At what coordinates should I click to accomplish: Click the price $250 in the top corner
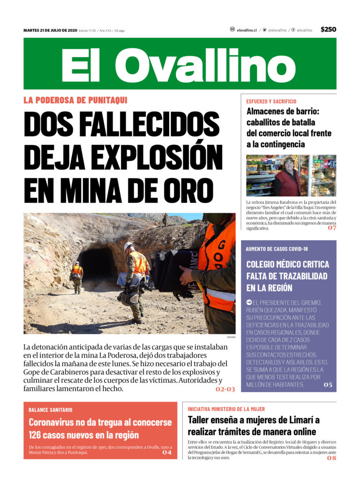point(328,30)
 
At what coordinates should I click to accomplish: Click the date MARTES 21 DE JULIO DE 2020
point(50,30)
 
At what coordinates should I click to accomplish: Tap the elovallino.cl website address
point(247,30)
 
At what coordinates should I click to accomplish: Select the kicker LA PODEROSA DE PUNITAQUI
point(75,100)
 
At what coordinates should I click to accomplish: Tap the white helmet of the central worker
point(128,245)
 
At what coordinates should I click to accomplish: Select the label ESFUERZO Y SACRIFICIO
point(271,101)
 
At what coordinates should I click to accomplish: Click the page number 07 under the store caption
point(332,228)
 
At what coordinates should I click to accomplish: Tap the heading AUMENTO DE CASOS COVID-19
point(277,249)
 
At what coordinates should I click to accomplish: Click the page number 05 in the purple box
point(328,385)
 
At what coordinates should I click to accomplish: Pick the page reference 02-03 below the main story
point(225,389)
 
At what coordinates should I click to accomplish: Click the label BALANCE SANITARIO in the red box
point(51,410)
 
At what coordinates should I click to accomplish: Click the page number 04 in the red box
point(167,452)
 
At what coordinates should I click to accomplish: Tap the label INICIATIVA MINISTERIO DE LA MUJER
point(226,409)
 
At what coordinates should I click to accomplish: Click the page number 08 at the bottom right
point(331,458)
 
